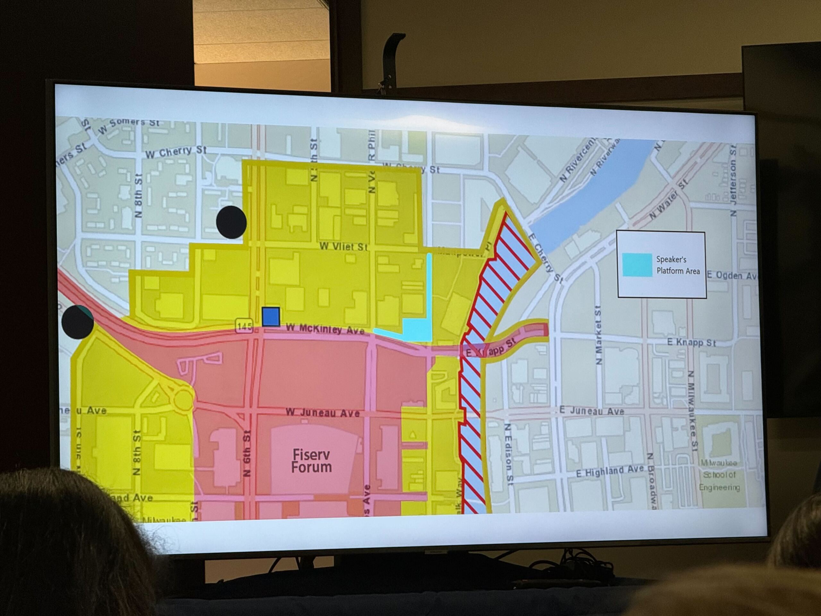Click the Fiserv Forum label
pyautogui.click(x=311, y=461)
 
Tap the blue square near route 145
pyautogui.click(x=271, y=317)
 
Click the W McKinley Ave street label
pyautogui.click(x=325, y=329)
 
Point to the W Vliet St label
pyautogui.click(x=343, y=246)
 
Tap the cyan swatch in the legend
pyautogui.click(x=637, y=265)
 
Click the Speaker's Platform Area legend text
pyautogui.click(x=677, y=265)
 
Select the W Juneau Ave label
pyautogui.click(x=323, y=413)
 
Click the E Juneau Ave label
pyautogui.click(x=592, y=411)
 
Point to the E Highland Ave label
pyautogui.click(x=609, y=472)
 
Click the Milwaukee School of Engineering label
pyautogui.click(x=719, y=475)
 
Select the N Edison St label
pyautogui.click(x=509, y=454)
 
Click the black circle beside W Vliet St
pyautogui.click(x=231, y=222)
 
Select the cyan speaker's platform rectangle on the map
pyautogui.click(x=417, y=329)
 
